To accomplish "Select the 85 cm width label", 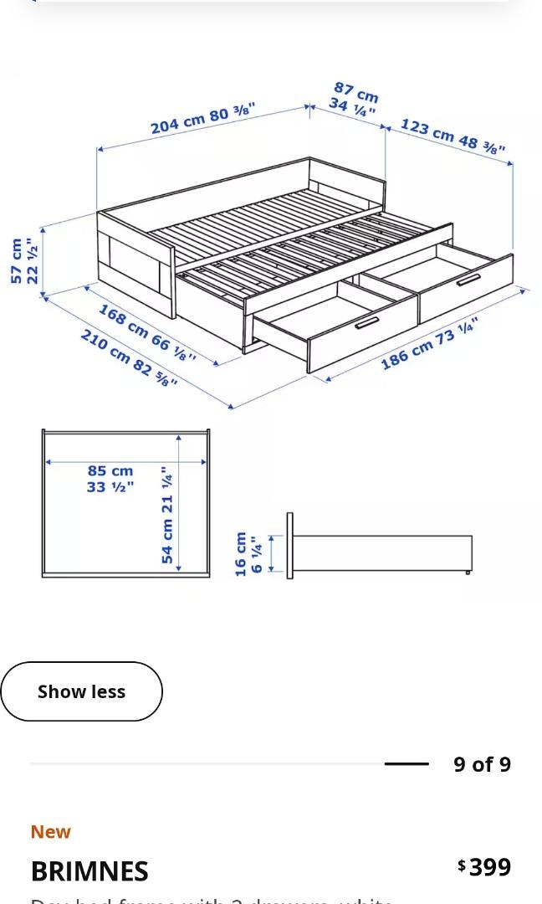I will coord(110,471).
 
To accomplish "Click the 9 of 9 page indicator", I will coord(482,764).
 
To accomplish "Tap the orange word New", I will coord(51,832).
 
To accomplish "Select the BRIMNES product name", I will coord(89,871).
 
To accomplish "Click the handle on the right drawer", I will coord(468,280).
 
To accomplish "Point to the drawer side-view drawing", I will coord(381,553).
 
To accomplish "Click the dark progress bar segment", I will coord(406,763).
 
